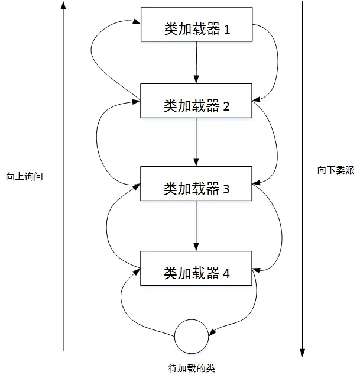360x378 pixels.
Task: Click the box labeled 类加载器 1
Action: (197, 24)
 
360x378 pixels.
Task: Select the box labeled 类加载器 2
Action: (197, 101)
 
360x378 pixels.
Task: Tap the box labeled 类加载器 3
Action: (197, 184)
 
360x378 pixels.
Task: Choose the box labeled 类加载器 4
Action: (197, 268)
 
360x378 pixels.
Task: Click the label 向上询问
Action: (25, 177)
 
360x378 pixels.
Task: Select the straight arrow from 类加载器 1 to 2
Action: (197, 62)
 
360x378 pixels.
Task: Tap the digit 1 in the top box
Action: (226, 30)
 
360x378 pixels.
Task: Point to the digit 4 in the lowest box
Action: (226, 273)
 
